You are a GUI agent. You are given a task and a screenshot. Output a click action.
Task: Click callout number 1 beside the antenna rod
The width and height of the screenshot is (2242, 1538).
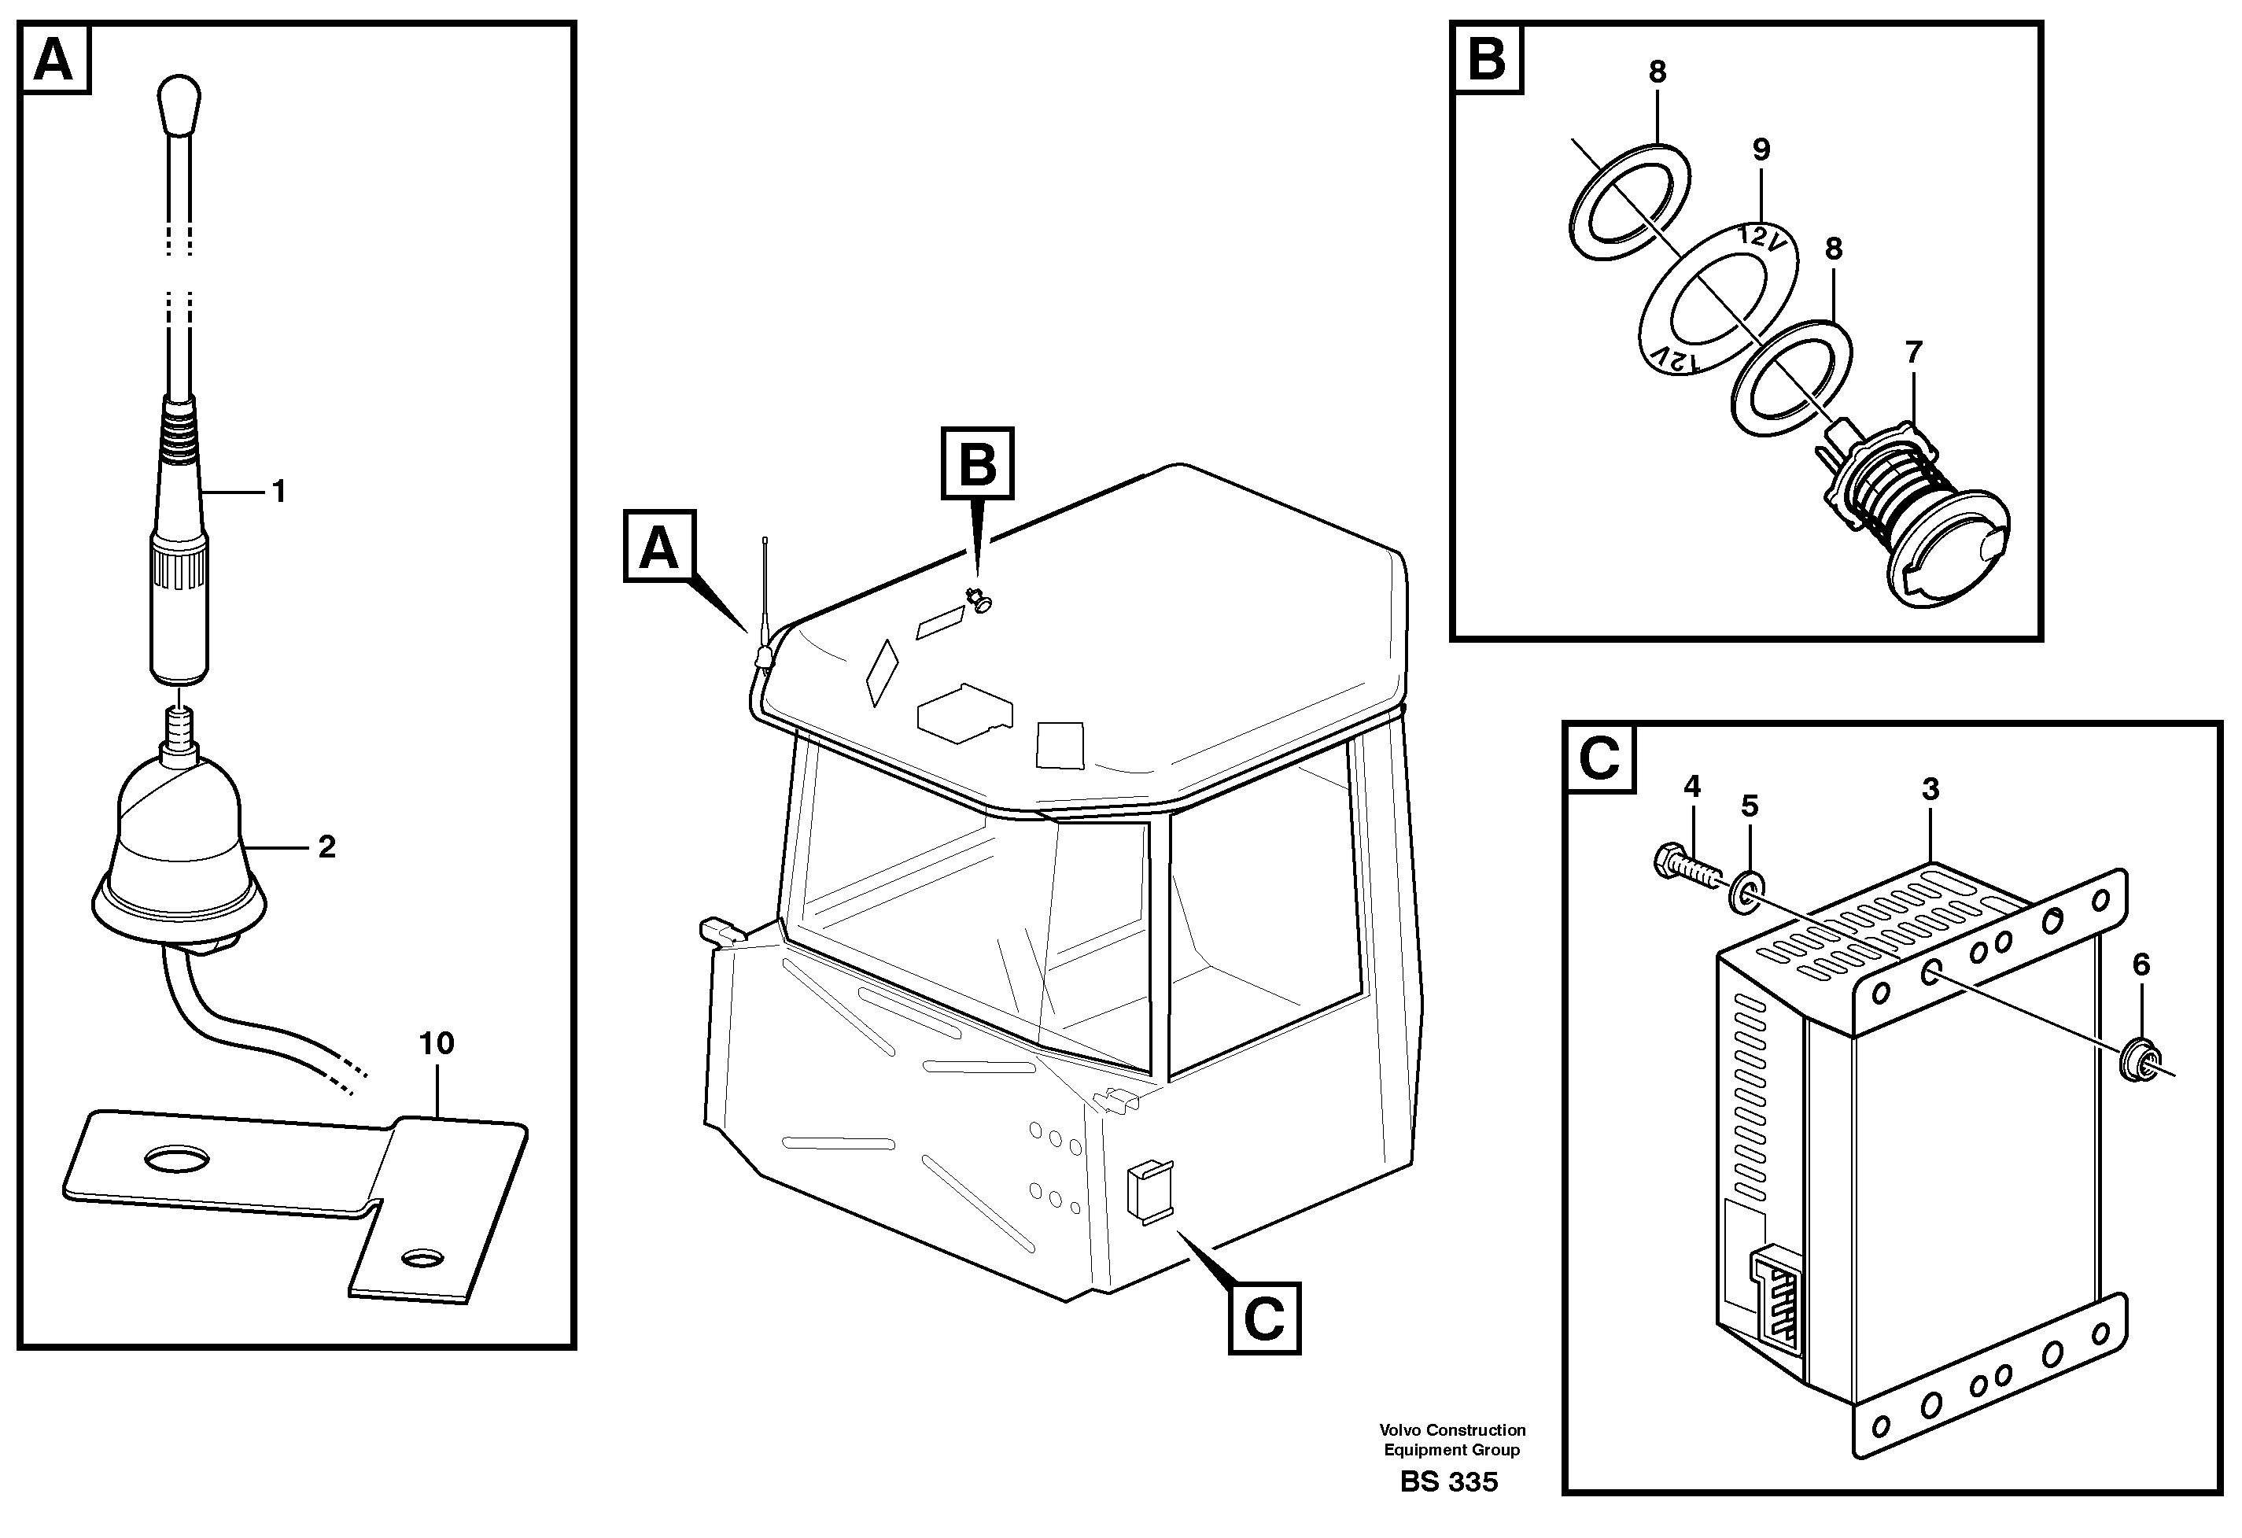(278, 493)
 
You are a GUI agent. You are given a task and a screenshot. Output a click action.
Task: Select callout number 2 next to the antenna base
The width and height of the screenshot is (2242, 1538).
(326, 847)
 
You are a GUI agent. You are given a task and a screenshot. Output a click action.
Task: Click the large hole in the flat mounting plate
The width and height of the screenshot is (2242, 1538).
(175, 1158)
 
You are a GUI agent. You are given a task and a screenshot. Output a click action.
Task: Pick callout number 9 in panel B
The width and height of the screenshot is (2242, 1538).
(1761, 150)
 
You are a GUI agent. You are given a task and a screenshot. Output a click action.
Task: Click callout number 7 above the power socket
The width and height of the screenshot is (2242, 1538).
(1913, 352)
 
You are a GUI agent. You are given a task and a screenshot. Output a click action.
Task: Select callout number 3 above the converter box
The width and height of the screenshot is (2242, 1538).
(1930, 789)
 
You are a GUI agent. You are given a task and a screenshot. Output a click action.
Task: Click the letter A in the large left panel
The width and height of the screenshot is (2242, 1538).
(54, 60)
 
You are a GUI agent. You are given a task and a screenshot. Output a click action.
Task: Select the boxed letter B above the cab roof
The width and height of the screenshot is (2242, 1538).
(977, 463)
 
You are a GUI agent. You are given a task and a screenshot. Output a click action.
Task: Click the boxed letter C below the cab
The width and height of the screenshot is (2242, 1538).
(1263, 1318)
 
